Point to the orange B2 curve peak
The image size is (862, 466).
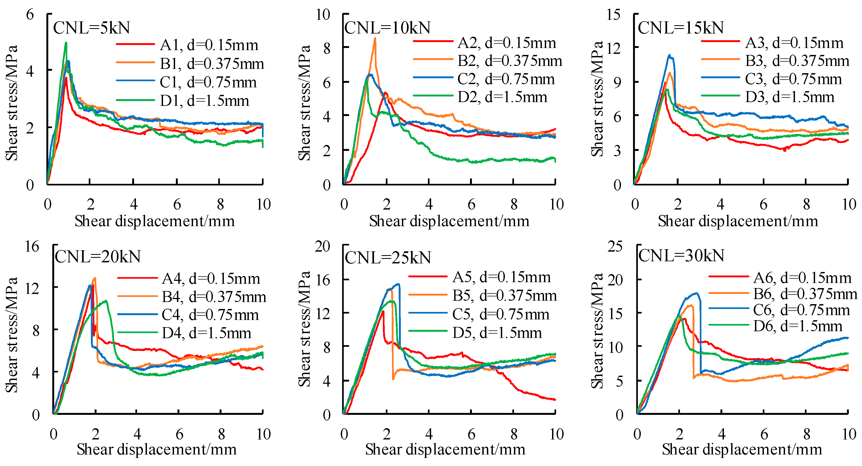[x=375, y=39]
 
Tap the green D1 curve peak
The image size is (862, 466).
[x=66, y=43]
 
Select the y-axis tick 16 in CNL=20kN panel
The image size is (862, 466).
[x=32, y=247]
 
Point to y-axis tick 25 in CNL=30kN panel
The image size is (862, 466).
[x=615, y=247]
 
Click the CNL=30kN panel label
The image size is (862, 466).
[x=681, y=256]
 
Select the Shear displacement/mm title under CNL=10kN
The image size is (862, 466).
[x=449, y=221]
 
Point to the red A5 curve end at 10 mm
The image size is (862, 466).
[x=554, y=400]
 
